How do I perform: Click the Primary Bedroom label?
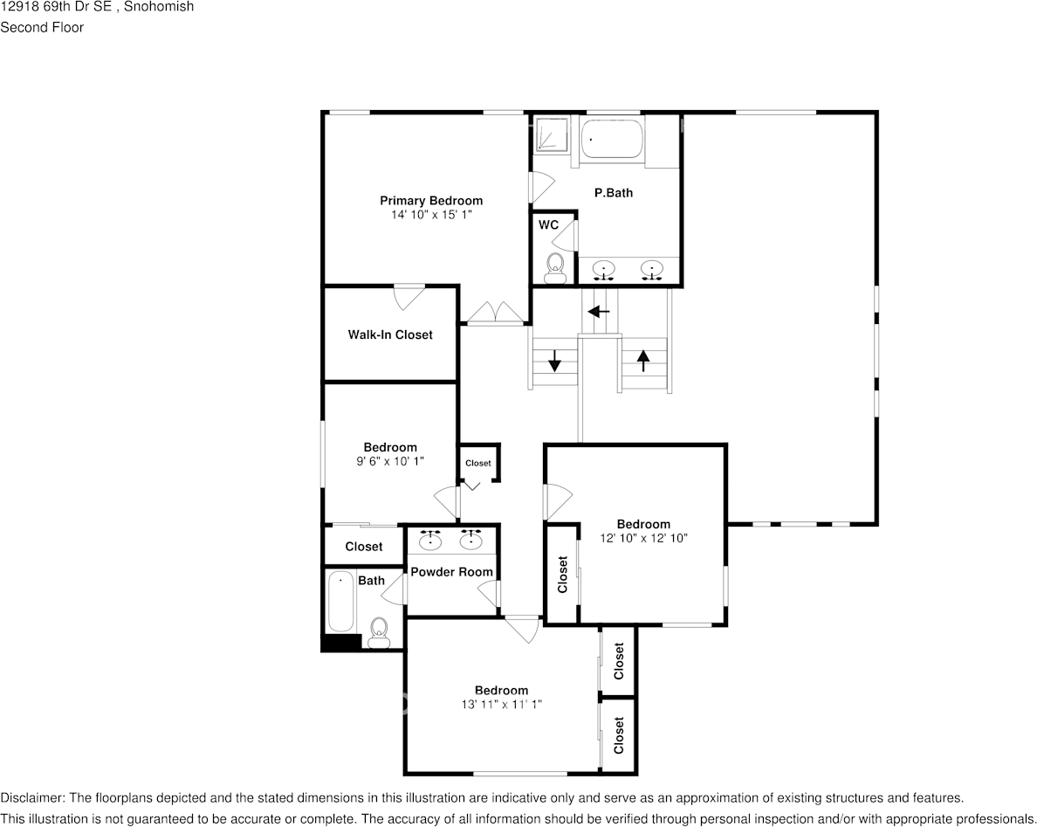coord(431,201)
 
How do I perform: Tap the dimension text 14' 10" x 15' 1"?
coord(431,215)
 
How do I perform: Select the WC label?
coord(548,225)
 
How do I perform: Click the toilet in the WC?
coord(554,266)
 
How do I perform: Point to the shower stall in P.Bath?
coord(551,135)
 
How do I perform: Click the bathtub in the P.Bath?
coord(611,139)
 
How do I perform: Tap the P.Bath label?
coord(614,193)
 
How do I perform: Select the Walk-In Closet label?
coord(390,334)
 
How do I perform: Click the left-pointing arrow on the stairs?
coord(599,311)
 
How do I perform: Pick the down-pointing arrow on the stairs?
coord(555,361)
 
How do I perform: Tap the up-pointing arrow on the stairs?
coord(642,361)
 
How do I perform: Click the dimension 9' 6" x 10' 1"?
coord(390,461)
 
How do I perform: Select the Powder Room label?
coord(451,572)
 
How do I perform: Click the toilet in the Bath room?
coord(379,632)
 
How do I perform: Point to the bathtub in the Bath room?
coord(341,602)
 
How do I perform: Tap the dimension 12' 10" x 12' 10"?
coord(643,539)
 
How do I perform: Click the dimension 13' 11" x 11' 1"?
coord(501,705)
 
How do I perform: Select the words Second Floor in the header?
coord(42,27)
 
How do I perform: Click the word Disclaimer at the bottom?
coord(31,798)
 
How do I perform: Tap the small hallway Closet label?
coord(478,463)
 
